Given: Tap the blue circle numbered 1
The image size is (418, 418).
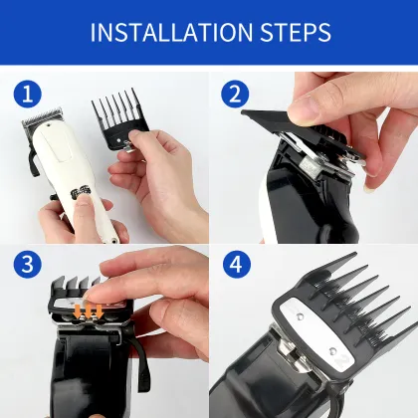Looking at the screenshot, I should pyautogui.click(x=27, y=95).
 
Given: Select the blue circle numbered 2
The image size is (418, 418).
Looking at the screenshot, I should pyautogui.click(x=235, y=95).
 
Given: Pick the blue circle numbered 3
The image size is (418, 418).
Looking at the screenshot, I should pyautogui.click(x=27, y=266).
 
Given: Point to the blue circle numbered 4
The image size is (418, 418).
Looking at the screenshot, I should pyautogui.click(x=235, y=266).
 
